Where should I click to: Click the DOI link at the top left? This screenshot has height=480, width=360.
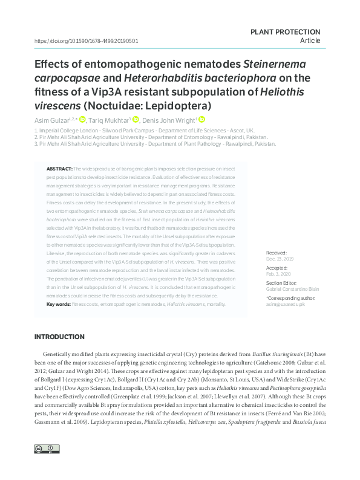[x=87, y=41]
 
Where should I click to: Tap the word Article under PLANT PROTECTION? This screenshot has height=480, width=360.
[x=310, y=41]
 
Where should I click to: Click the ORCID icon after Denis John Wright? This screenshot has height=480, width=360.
[x=202, y=119]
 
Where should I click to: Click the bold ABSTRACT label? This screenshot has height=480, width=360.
[x=59, y=167]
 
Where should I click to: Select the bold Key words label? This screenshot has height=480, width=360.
[x=59, y=304]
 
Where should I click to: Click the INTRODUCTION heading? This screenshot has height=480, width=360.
[x=59, y=337]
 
